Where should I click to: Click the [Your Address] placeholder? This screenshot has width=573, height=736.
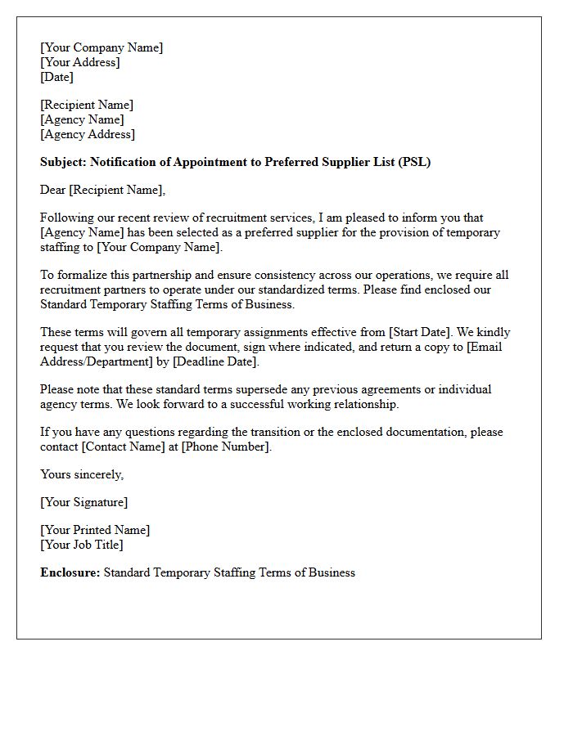[79, 62]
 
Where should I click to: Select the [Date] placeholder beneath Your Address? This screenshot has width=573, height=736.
[56, 77]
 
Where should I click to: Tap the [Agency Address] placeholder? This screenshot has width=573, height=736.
[88, 134]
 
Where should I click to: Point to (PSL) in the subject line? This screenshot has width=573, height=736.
[414, 162]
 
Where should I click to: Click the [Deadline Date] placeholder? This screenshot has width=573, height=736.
[215, 361]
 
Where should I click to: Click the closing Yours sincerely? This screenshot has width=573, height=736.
[82, 474]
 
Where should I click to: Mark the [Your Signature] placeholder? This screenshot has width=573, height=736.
[83, 502]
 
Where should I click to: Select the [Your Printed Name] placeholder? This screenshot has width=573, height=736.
[95, 530]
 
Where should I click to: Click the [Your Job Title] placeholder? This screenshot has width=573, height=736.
[81, 545]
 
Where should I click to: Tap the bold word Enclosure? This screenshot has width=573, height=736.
[70, 572]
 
